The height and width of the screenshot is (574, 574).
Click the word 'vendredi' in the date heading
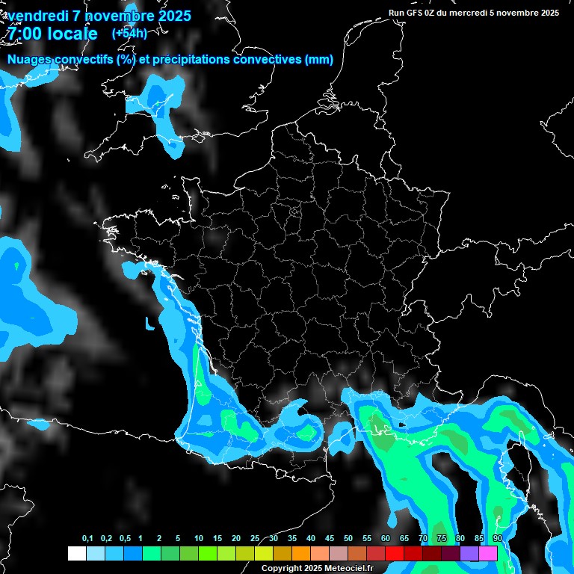[40, 16]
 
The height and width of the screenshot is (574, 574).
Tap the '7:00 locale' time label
[53, 34]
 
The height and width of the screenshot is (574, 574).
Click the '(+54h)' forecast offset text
[129, 33]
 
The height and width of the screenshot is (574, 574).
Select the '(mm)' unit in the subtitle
[319, 60]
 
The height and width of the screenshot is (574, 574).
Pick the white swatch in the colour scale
[76, 554]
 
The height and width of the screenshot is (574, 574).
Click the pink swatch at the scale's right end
[488, 554]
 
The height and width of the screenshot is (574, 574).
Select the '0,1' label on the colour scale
[87, 539]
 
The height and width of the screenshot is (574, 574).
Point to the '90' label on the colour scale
[497, 539]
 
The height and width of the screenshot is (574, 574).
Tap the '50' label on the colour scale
[348, 539]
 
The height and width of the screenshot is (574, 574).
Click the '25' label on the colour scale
[255, 539]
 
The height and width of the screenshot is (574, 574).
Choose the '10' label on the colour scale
[199, 539]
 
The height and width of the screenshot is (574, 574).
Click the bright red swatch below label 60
[395, 554]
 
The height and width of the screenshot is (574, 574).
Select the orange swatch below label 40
[301, 554]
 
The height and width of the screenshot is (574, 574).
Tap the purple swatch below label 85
[469, 554]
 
